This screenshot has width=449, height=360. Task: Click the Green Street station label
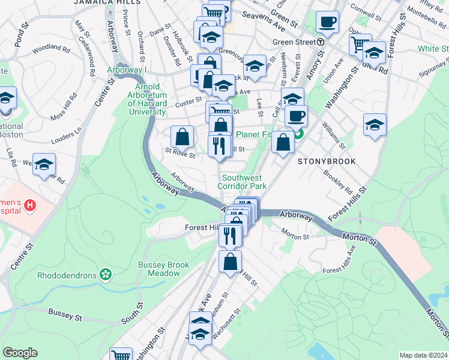294,42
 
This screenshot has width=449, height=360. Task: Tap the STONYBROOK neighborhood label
327,161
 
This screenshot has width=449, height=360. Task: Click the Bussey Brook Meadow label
163,269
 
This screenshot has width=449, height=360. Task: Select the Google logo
20,353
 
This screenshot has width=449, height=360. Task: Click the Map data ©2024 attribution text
423,355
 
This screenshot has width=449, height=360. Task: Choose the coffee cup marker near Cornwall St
327,23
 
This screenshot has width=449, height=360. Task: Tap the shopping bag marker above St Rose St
182,137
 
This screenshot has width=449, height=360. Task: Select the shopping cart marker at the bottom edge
121,355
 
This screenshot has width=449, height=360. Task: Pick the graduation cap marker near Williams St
375,125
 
